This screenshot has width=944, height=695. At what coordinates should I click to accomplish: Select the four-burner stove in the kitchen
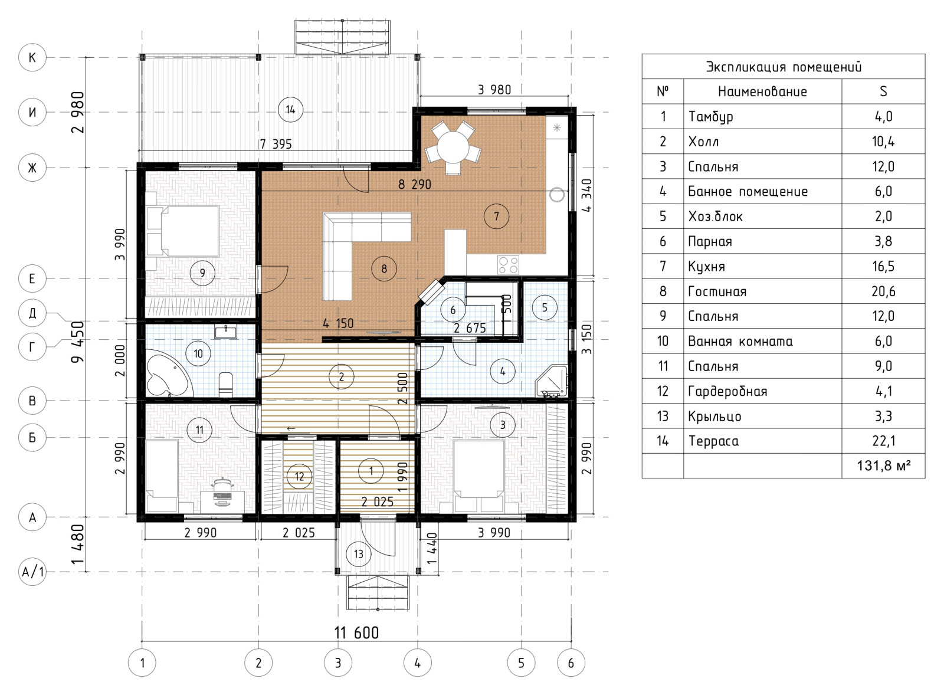pyautogui.click(x=508, y=265)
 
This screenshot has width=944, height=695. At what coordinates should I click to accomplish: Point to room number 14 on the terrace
pyautogui.click(x=290, y=110)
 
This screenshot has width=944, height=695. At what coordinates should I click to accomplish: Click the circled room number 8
pyautogui.click(x=384, y=268)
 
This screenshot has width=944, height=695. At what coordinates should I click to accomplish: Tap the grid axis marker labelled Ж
pyautogui.click(x=32, y=168)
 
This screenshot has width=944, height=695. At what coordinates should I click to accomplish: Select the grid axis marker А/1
pyautogui.click(x=32, y=572)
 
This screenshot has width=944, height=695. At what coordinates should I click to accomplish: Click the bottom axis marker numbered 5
pyautogui.click(x=522, y=663)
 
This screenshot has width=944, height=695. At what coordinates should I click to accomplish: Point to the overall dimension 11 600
pyautogui.click(x=356, y=632)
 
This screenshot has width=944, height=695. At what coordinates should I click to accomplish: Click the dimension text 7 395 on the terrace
pyautogui.click(x=276, y=144)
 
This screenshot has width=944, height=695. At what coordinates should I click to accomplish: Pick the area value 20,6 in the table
pyautogui.click(x=883, y=291)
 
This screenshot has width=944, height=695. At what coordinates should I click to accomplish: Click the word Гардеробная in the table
pyautogui.click(x=727, y=392)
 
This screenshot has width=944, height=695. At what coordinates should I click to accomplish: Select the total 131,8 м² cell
pyautogui.click(x=884, y=465)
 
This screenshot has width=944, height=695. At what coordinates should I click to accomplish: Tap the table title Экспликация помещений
pyautogui.click(x=784, y=67)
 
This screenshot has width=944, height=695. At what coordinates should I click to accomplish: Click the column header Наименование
pyautogui.click(x=762, y=91)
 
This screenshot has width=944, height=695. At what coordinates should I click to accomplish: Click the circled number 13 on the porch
pyautogui.click(x=358, y=554)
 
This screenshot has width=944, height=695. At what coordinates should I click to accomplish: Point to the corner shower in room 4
pyautogui.click(x=552, y=382)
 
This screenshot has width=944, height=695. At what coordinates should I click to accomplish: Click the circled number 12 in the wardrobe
pyautogui.click(x=299, y=477)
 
